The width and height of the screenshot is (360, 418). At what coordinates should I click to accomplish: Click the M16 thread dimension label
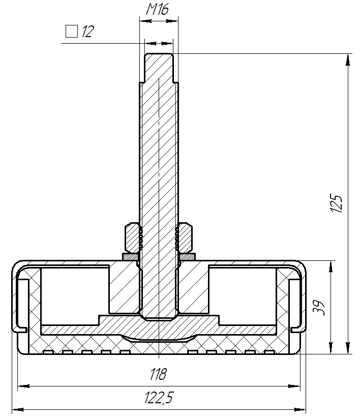pyautogui.click(x=157, y=9)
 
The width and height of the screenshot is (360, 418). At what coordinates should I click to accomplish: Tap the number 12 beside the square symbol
pyautogui.click(x=87, y=32)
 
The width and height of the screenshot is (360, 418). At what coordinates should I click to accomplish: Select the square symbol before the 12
pyautogui.click(x=71, y=32)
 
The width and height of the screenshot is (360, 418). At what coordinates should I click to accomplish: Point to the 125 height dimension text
pyautogui.click(x=336, y=203)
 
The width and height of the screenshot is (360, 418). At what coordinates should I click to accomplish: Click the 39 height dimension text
pyautogui.click(x=319, y=308)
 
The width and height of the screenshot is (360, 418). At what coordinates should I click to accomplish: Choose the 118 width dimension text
pyautogui.click(x=158, y=374)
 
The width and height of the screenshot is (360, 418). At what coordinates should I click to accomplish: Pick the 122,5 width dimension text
pyautogui.click(x=159, y=398)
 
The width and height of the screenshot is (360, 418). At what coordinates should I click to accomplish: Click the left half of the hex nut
pyautogui.click(x=132, y=238)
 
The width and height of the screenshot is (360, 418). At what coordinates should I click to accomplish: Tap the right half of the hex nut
pyautogui.click(x=185, y=238)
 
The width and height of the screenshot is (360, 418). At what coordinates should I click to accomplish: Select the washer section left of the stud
pyautogui.click(x=130, y=257)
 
